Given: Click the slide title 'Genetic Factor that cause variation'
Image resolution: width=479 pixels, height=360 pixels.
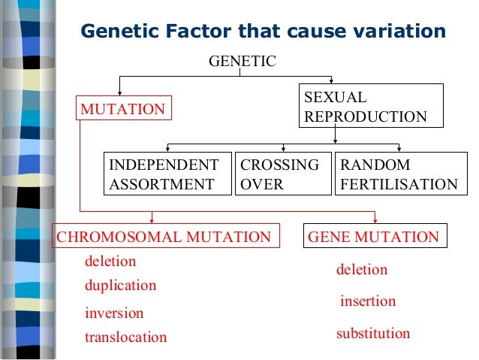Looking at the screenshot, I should pyautogui.click(x=263, y=32).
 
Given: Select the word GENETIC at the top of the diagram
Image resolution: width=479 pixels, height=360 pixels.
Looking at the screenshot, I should pyautogui.click(x=242, y=62).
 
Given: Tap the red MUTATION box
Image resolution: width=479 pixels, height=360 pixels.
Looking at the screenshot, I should pyautogui.click(x=122, y=109).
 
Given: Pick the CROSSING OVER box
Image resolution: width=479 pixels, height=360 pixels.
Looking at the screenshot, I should pyautogui.click(x=283, y=174).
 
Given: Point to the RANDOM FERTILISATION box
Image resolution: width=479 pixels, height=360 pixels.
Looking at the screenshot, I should pyautogui.click(x=398, y=174).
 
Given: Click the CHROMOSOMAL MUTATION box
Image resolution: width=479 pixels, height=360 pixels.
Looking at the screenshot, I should pyautogui.click(x=164, y=237).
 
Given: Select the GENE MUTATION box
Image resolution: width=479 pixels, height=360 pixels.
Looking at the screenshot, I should pyautogui.click(x=375, y=237).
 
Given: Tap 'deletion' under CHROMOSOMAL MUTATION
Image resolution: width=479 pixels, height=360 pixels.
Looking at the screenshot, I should pyautogui.click(x=110, y=262).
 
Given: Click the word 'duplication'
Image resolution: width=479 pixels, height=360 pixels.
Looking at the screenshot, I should pyautogui.click(x=120, y=286).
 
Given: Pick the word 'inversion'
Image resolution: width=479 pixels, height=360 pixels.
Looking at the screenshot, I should pyautogui.click(x=114, y=313).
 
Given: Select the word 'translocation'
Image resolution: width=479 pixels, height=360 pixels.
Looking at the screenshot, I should pyautogui.click(x=125, y=337).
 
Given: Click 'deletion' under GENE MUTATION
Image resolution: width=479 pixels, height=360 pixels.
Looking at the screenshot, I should pyautogui.click(x=362, y=269).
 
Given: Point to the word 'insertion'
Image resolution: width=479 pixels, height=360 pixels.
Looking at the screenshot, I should pyautogui.click(x=368, y=301).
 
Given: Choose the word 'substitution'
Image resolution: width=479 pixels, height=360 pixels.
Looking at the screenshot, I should pyautogui.click(x=373, y=333).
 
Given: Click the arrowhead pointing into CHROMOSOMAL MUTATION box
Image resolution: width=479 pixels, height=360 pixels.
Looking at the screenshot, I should pyautogui.click(x=152, y=219).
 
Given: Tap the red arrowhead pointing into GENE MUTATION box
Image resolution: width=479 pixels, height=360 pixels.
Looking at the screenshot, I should pyautogui.click(x=375, y=219).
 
